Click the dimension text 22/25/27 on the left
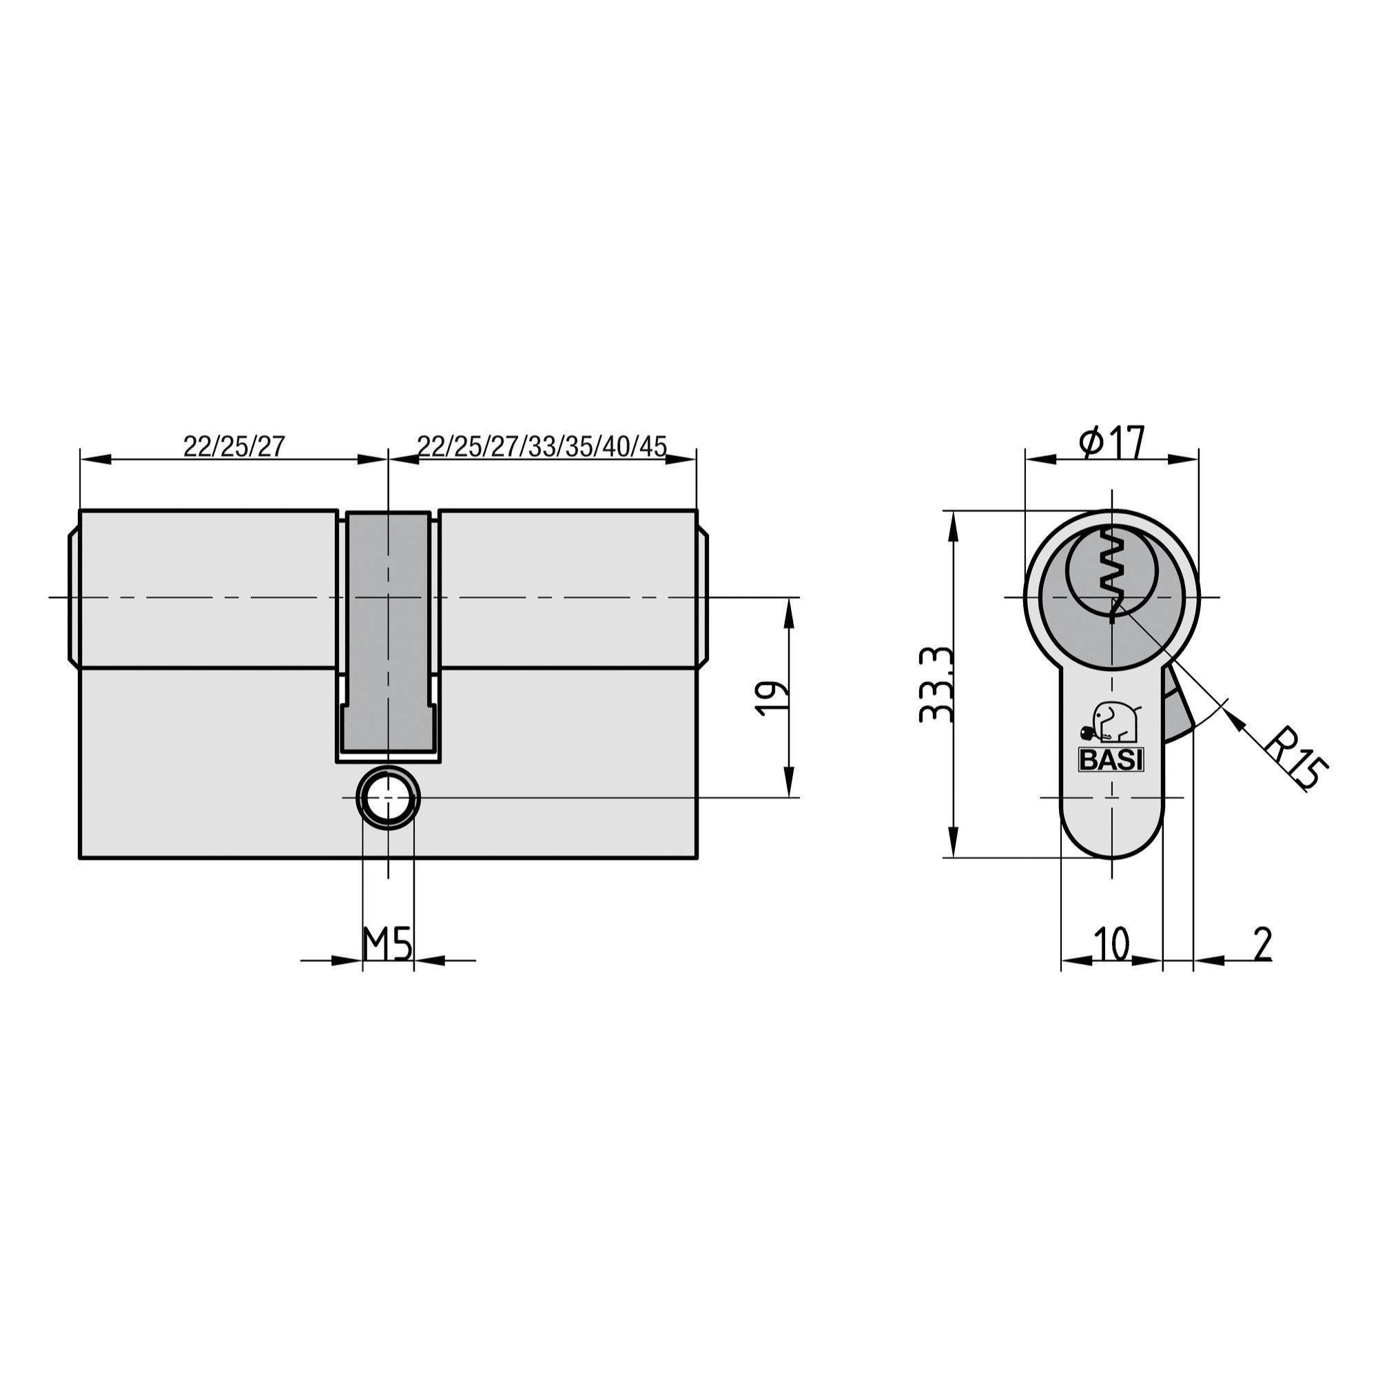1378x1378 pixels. click(234, 446)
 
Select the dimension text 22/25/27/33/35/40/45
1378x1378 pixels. click(542, 446)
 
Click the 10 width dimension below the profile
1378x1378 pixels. click(1111, 945)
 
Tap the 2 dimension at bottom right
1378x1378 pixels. click(1262, 945)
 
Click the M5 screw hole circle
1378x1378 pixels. click(388, 798)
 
